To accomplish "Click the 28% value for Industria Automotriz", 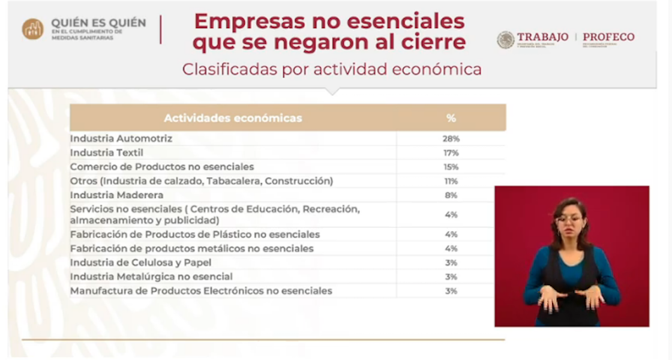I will click(451, 139).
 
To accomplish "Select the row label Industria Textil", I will click(107, 153).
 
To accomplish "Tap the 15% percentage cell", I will click(451, 167).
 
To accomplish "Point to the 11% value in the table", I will click(451, 181).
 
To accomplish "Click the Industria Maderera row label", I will click(117, 195).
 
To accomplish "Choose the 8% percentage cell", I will click(451, 195).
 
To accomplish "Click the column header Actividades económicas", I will click(233, 118).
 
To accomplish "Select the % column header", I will click(451, 118).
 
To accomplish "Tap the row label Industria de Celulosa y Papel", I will click(141, 263).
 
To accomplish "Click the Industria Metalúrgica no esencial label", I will click(151, 277).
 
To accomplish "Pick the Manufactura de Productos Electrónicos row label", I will click(201, 291).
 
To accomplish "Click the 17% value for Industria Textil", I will click(451, 153).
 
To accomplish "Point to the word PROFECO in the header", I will click(608, 37).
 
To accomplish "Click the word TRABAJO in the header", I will click(542, 37).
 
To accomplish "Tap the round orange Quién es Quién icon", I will click(32, 29).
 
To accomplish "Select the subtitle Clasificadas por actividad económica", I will click(332, 70).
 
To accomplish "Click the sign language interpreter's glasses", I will click(569, 220).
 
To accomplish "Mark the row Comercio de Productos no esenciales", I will click(162, 167).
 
